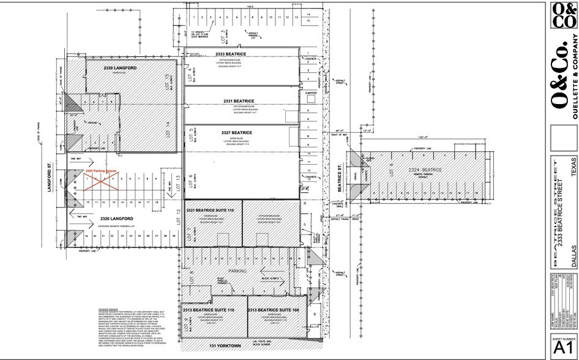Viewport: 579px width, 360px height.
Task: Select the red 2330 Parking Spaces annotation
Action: click(101, 171)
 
